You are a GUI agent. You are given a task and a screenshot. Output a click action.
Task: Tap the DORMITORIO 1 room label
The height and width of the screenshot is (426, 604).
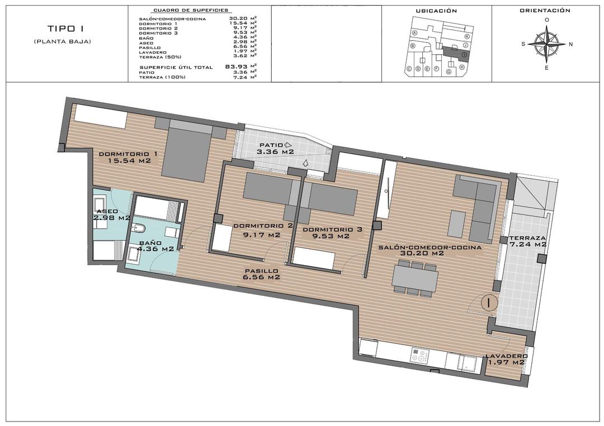[128, 154]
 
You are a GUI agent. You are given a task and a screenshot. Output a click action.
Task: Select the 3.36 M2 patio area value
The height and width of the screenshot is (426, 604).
[275, 152]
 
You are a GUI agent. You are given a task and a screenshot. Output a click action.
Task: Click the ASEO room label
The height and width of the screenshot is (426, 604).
[107, 211]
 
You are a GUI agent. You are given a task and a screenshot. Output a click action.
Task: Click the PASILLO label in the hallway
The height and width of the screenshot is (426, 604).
[261, 270]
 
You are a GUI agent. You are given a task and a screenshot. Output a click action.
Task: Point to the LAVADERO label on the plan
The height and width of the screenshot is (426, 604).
[506, 356]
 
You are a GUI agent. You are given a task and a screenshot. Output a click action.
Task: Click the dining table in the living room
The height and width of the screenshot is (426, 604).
[414, 278]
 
